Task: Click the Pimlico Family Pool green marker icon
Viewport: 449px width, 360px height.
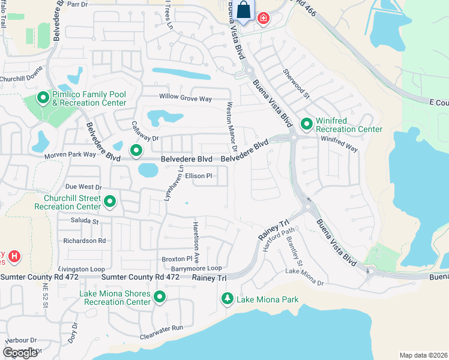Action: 43,97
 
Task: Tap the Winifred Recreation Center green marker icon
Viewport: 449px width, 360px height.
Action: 306,124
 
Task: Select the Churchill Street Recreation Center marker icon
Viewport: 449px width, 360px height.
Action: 110,202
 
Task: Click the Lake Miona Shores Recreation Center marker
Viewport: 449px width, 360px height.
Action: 160,297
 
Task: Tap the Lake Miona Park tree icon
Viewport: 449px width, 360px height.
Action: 228,298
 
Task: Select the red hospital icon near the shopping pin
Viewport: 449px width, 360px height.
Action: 263,19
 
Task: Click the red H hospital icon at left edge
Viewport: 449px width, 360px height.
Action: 14,257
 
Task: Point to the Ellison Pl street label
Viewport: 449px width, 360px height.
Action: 199,176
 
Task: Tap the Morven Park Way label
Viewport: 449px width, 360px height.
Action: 70,155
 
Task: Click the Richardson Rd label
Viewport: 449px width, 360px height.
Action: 85,241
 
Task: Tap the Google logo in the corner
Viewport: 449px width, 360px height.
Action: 20,353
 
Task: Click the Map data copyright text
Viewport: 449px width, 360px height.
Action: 423,355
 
